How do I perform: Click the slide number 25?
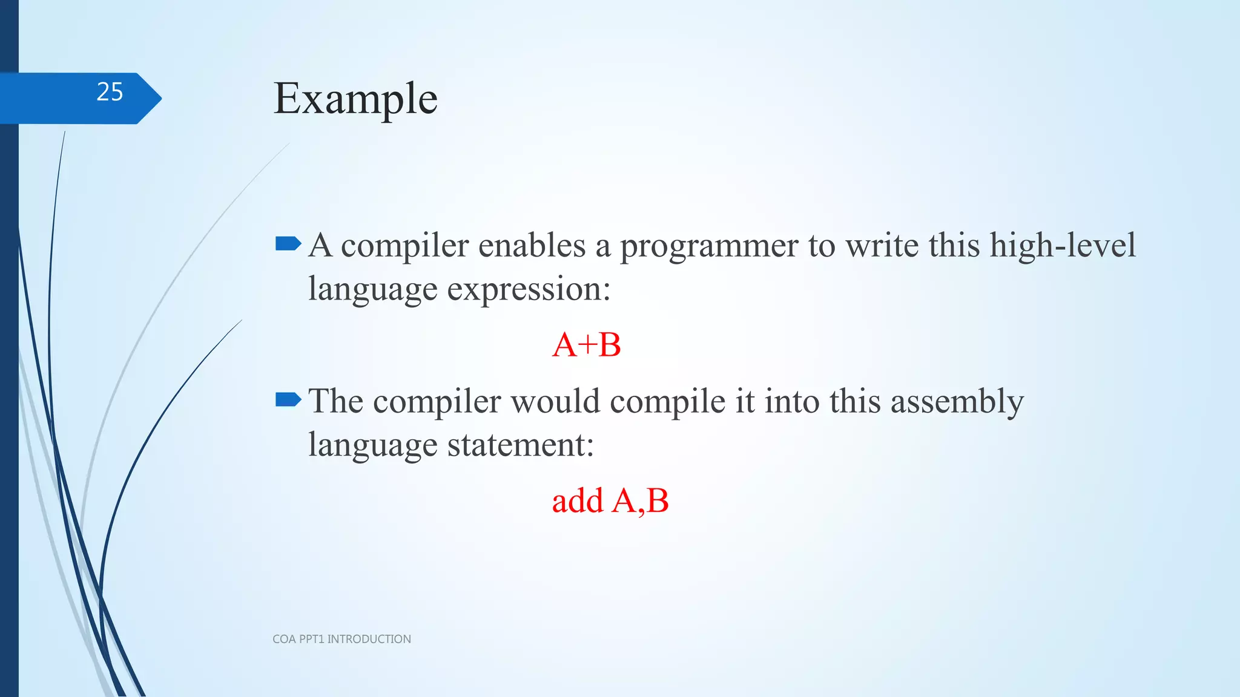click(110, 92)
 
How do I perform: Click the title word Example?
click(355, 99)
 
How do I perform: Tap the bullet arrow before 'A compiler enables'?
click(288, 244)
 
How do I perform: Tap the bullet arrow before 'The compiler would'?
click(288, 399)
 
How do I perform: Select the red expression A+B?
click(586, 345)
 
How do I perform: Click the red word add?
click(578, 501)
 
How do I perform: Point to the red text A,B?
click(640, 501)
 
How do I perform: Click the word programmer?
click(708, 247)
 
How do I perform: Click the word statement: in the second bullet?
click(520, 445)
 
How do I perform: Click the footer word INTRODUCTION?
click(369, 639)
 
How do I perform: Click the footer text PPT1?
click(311, 639)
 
